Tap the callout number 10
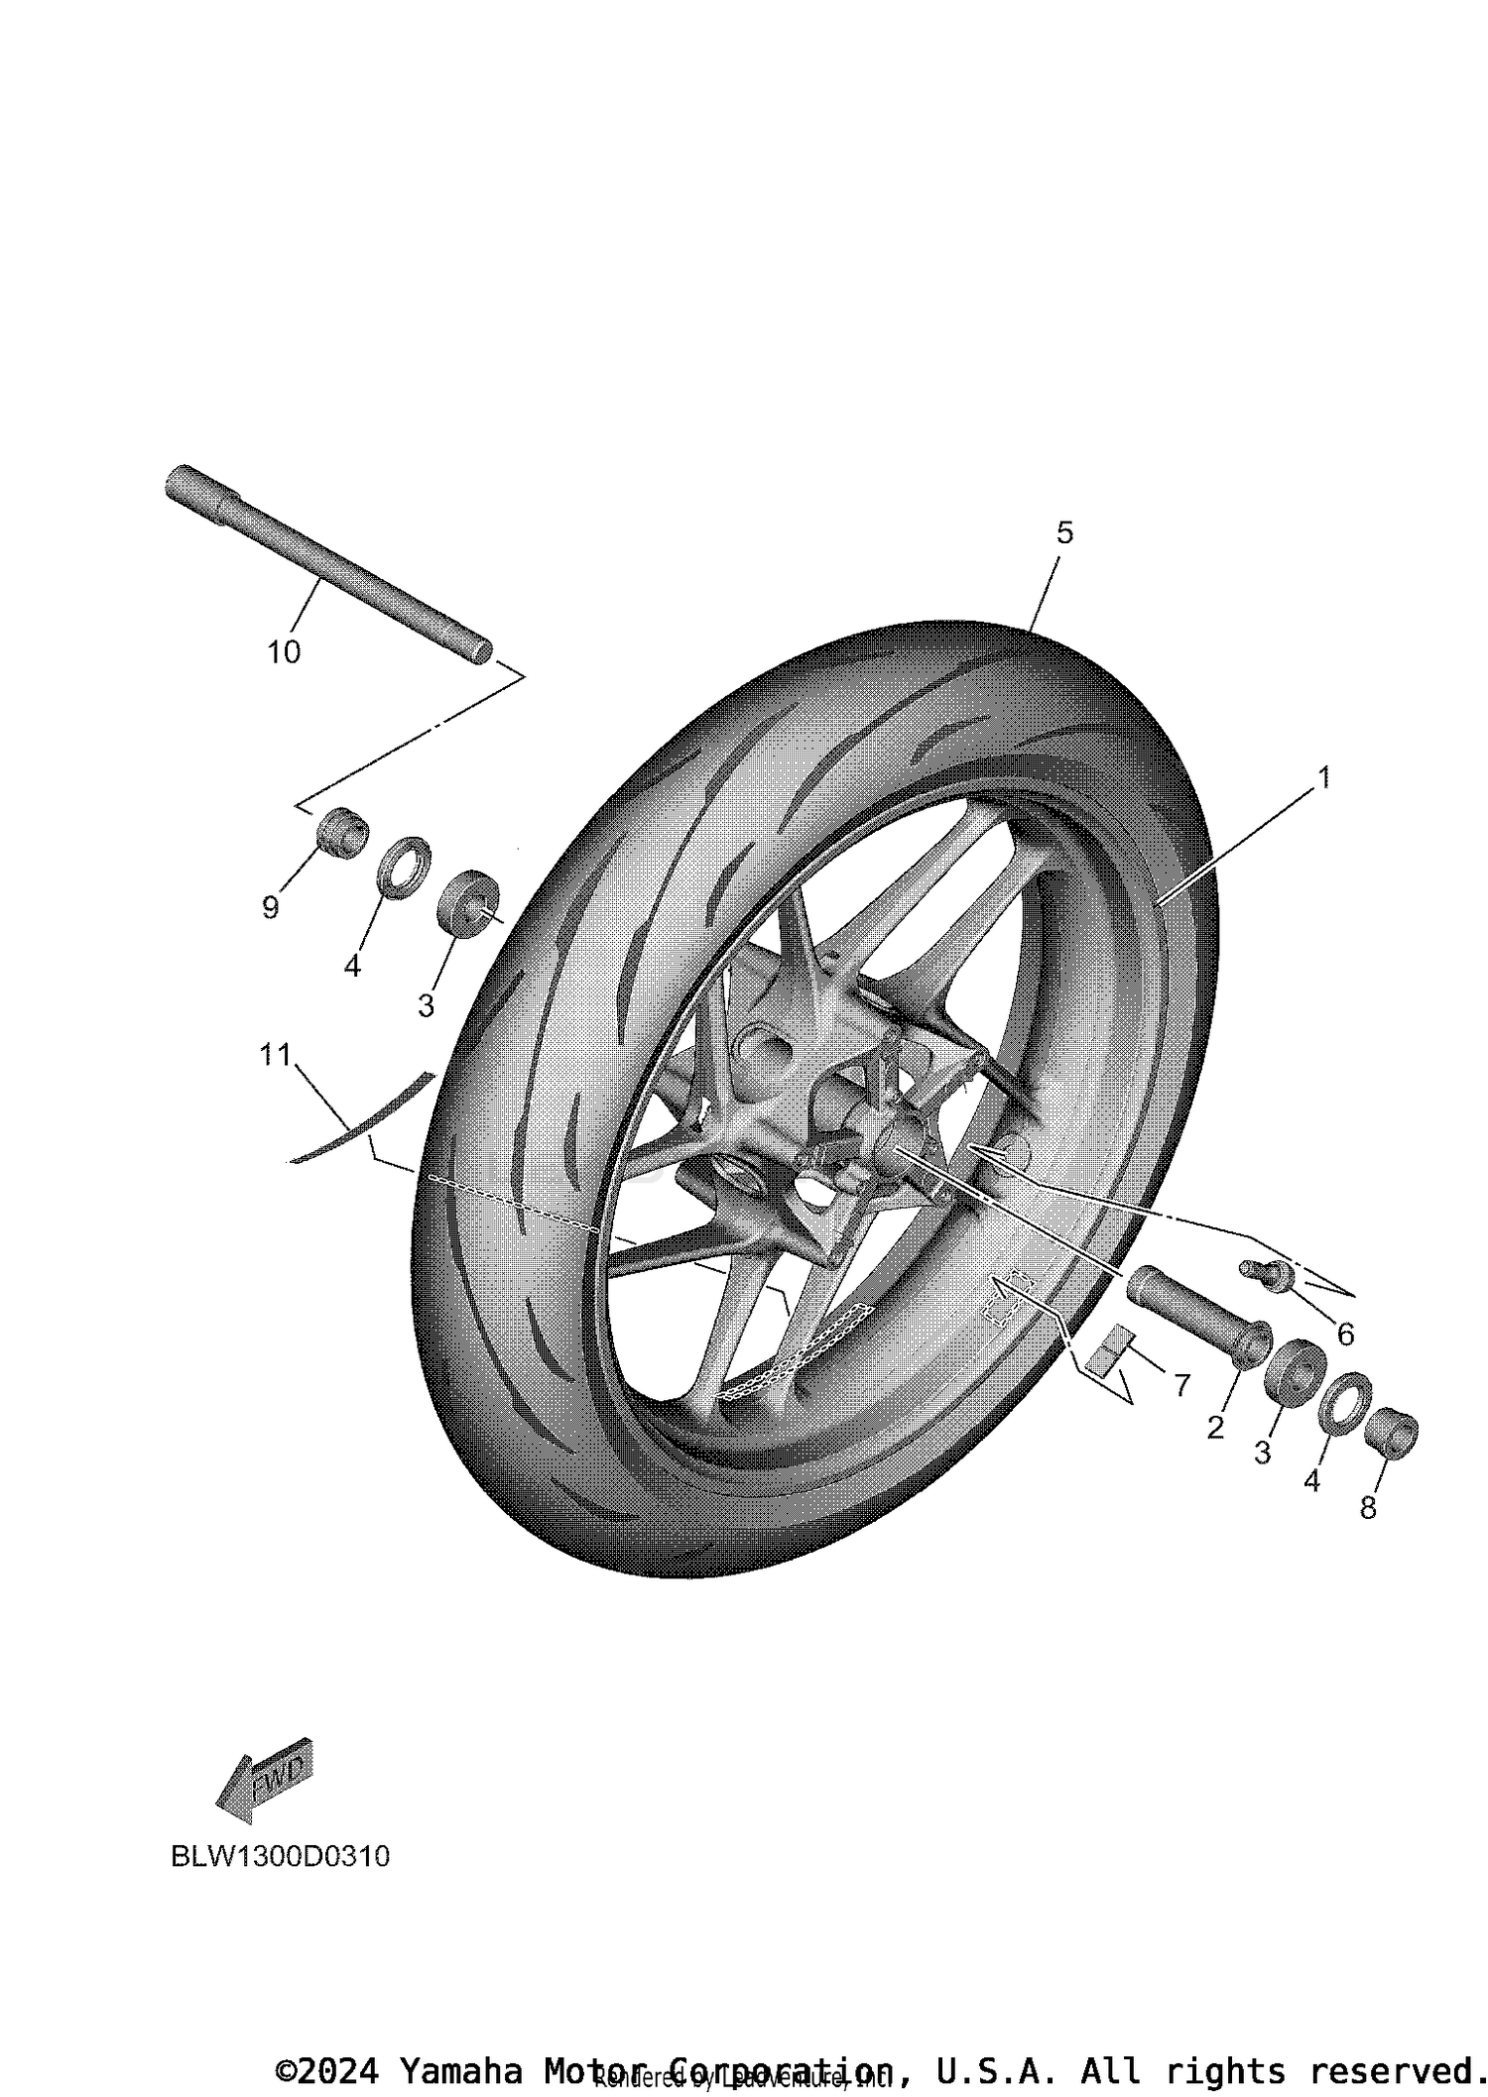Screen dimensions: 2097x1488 284,652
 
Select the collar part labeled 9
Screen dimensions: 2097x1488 341,829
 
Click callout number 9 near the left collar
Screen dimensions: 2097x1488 271,906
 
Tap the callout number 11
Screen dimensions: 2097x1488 275,1055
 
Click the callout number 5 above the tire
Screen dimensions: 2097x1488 1064,532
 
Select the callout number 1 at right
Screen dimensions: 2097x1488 1322,777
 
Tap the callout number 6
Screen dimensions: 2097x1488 1345,1335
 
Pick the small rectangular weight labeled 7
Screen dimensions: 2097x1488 1108,1350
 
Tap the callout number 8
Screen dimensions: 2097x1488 1368,1508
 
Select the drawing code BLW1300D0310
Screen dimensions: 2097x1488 281,1856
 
